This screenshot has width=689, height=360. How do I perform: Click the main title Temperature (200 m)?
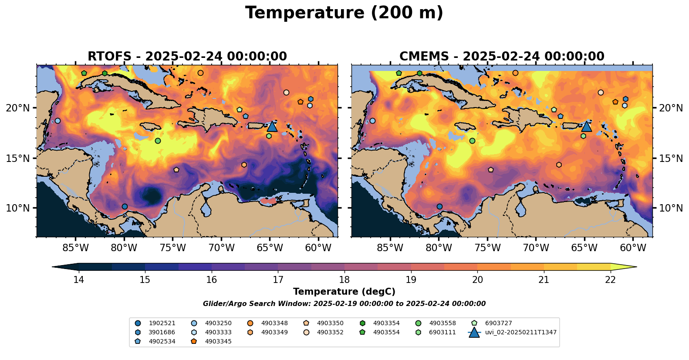point(344,13)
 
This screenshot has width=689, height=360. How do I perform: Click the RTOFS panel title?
point(187,57)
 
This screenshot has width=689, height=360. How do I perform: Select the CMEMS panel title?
point(502,57)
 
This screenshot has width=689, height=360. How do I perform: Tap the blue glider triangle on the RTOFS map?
point(272,126)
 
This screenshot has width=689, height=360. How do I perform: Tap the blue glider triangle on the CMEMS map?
point(586,126)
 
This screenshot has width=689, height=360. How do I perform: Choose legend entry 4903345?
point(218,342)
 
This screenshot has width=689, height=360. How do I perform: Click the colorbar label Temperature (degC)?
point(344,292)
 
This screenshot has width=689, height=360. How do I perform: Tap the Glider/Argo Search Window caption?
point(344,304)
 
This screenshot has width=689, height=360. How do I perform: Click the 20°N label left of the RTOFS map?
point(18,108)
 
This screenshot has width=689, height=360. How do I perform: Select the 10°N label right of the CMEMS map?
point(671,208)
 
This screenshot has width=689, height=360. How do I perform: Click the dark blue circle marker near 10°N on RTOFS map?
point(125,206)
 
